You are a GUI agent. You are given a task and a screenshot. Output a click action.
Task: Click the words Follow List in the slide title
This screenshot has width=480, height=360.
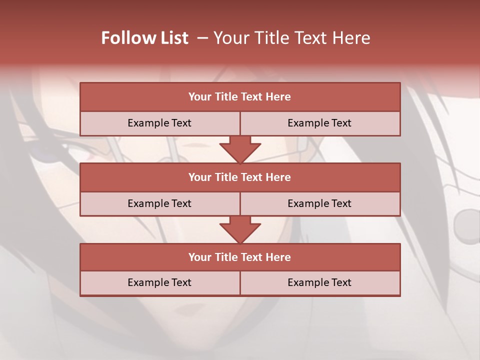(145, 38)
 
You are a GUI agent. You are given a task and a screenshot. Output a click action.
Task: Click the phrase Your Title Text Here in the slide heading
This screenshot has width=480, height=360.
(292, 38)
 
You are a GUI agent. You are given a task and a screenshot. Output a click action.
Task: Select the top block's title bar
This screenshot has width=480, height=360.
(240, 97)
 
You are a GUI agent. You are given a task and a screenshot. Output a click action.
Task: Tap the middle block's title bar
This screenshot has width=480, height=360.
(240, 177)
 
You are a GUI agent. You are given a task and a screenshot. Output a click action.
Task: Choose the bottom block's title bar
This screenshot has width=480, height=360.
(240, 257)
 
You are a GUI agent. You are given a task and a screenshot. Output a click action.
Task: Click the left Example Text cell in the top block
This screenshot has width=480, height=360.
(159, 123)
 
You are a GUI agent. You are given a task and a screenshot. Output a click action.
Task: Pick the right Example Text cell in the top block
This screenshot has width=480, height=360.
(319, 123)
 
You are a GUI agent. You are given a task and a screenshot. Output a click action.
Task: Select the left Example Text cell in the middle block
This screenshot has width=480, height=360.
(159, 203)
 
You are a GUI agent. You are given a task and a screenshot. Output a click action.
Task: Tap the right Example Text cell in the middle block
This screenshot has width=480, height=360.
(319, 203)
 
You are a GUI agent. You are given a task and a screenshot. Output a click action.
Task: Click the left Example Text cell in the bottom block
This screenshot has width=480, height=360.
(159, 282)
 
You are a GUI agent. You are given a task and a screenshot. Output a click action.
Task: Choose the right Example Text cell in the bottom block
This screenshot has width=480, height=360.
(319, 282)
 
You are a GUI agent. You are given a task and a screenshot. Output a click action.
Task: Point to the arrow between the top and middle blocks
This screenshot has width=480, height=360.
(240, 150)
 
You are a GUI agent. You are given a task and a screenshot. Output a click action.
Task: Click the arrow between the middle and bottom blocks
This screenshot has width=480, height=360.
(240, 230)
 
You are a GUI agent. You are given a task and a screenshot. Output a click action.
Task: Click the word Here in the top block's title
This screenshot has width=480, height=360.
(278, 97)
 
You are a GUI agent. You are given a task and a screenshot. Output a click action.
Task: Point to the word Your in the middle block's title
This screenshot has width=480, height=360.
(199, 177)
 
